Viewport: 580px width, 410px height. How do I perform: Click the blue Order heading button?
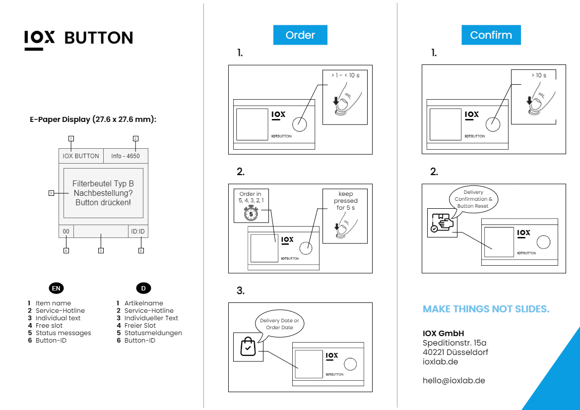click(x=300, y=35)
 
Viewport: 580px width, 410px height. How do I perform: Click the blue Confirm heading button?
click(x=491, y=35)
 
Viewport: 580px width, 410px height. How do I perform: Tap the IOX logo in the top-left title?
click(x=40, y=38)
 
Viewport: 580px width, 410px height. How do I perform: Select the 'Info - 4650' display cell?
click(x=126, y=156)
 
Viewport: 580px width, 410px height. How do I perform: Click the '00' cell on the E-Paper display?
click(x=66, y=232)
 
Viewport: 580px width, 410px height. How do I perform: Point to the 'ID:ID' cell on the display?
click(x=138, y=232)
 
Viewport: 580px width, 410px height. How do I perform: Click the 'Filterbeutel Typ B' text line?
click(x=103, y=184)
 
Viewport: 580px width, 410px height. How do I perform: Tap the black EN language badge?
click(x=56, y=288)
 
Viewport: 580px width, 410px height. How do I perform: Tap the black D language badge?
click(x=143, y=288)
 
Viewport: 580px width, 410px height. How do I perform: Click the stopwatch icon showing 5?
click(x=251, y=213)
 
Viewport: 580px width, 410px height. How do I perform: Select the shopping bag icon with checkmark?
click(x=248, y=347)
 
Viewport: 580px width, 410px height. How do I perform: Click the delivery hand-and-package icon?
click(x=442, y=223)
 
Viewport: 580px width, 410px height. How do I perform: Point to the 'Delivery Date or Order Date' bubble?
click(x=279, y=324)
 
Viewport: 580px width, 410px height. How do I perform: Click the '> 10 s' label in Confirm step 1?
click(x=538, y=75)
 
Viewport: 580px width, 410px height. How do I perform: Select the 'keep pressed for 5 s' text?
click(x=345, y=201)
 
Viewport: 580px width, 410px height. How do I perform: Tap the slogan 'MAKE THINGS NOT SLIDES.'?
click(x=486, y=309)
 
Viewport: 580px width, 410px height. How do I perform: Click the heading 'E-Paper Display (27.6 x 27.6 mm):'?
click(x=93, y=119)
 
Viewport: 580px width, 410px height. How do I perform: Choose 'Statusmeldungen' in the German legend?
click(x=153, y=333)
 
